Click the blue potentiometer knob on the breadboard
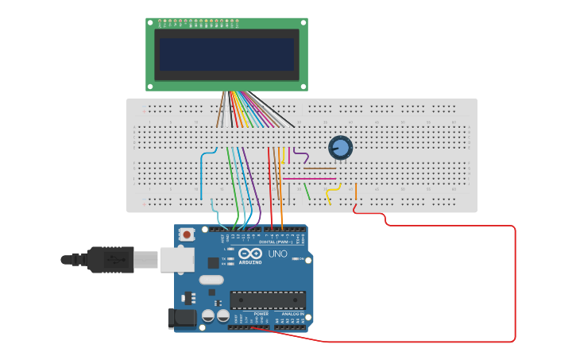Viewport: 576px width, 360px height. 340,147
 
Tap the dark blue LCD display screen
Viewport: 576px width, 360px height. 226,55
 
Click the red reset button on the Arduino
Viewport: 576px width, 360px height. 187,234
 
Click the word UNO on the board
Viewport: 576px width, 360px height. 277,254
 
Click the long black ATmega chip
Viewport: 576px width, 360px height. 268,300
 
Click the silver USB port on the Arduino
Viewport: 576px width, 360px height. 176,259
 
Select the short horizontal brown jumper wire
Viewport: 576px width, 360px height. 319,168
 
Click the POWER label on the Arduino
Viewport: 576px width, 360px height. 261,313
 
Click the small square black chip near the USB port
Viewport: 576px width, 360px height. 213,262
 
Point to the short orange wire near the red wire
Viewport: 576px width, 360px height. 356,191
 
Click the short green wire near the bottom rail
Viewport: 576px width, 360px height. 307,191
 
